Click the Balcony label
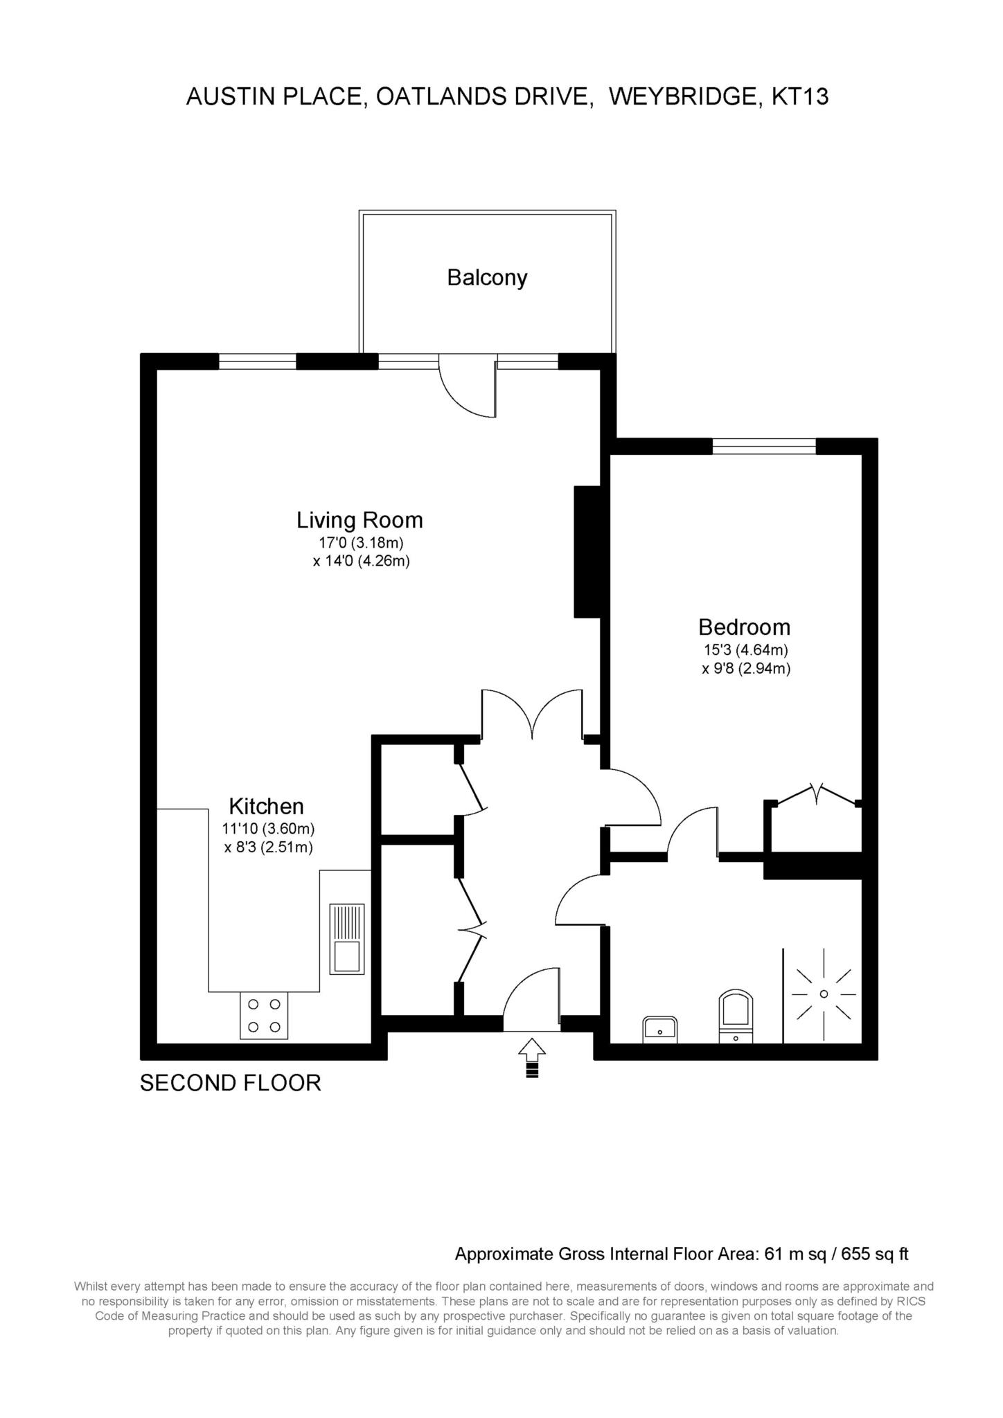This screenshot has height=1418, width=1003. point(487,278)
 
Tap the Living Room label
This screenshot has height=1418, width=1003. point(360,520)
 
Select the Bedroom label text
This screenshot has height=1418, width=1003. point(744,627)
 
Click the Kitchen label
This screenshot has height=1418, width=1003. point(267,807)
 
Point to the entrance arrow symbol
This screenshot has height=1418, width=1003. point(532,1056)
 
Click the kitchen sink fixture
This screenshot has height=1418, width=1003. point(346,938)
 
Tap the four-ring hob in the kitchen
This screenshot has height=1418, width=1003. point(264,1015)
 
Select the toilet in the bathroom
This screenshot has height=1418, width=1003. point(736,1016)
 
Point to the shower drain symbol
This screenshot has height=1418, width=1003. point(824,994)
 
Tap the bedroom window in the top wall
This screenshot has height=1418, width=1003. point(764,447)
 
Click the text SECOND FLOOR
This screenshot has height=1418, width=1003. point(231,1083)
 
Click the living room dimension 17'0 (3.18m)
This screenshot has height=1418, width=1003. point(361,543)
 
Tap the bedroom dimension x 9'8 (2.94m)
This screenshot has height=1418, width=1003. point(745,669)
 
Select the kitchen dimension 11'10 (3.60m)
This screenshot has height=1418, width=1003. point(269,828)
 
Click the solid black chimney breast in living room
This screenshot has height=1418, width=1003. point(586,551)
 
